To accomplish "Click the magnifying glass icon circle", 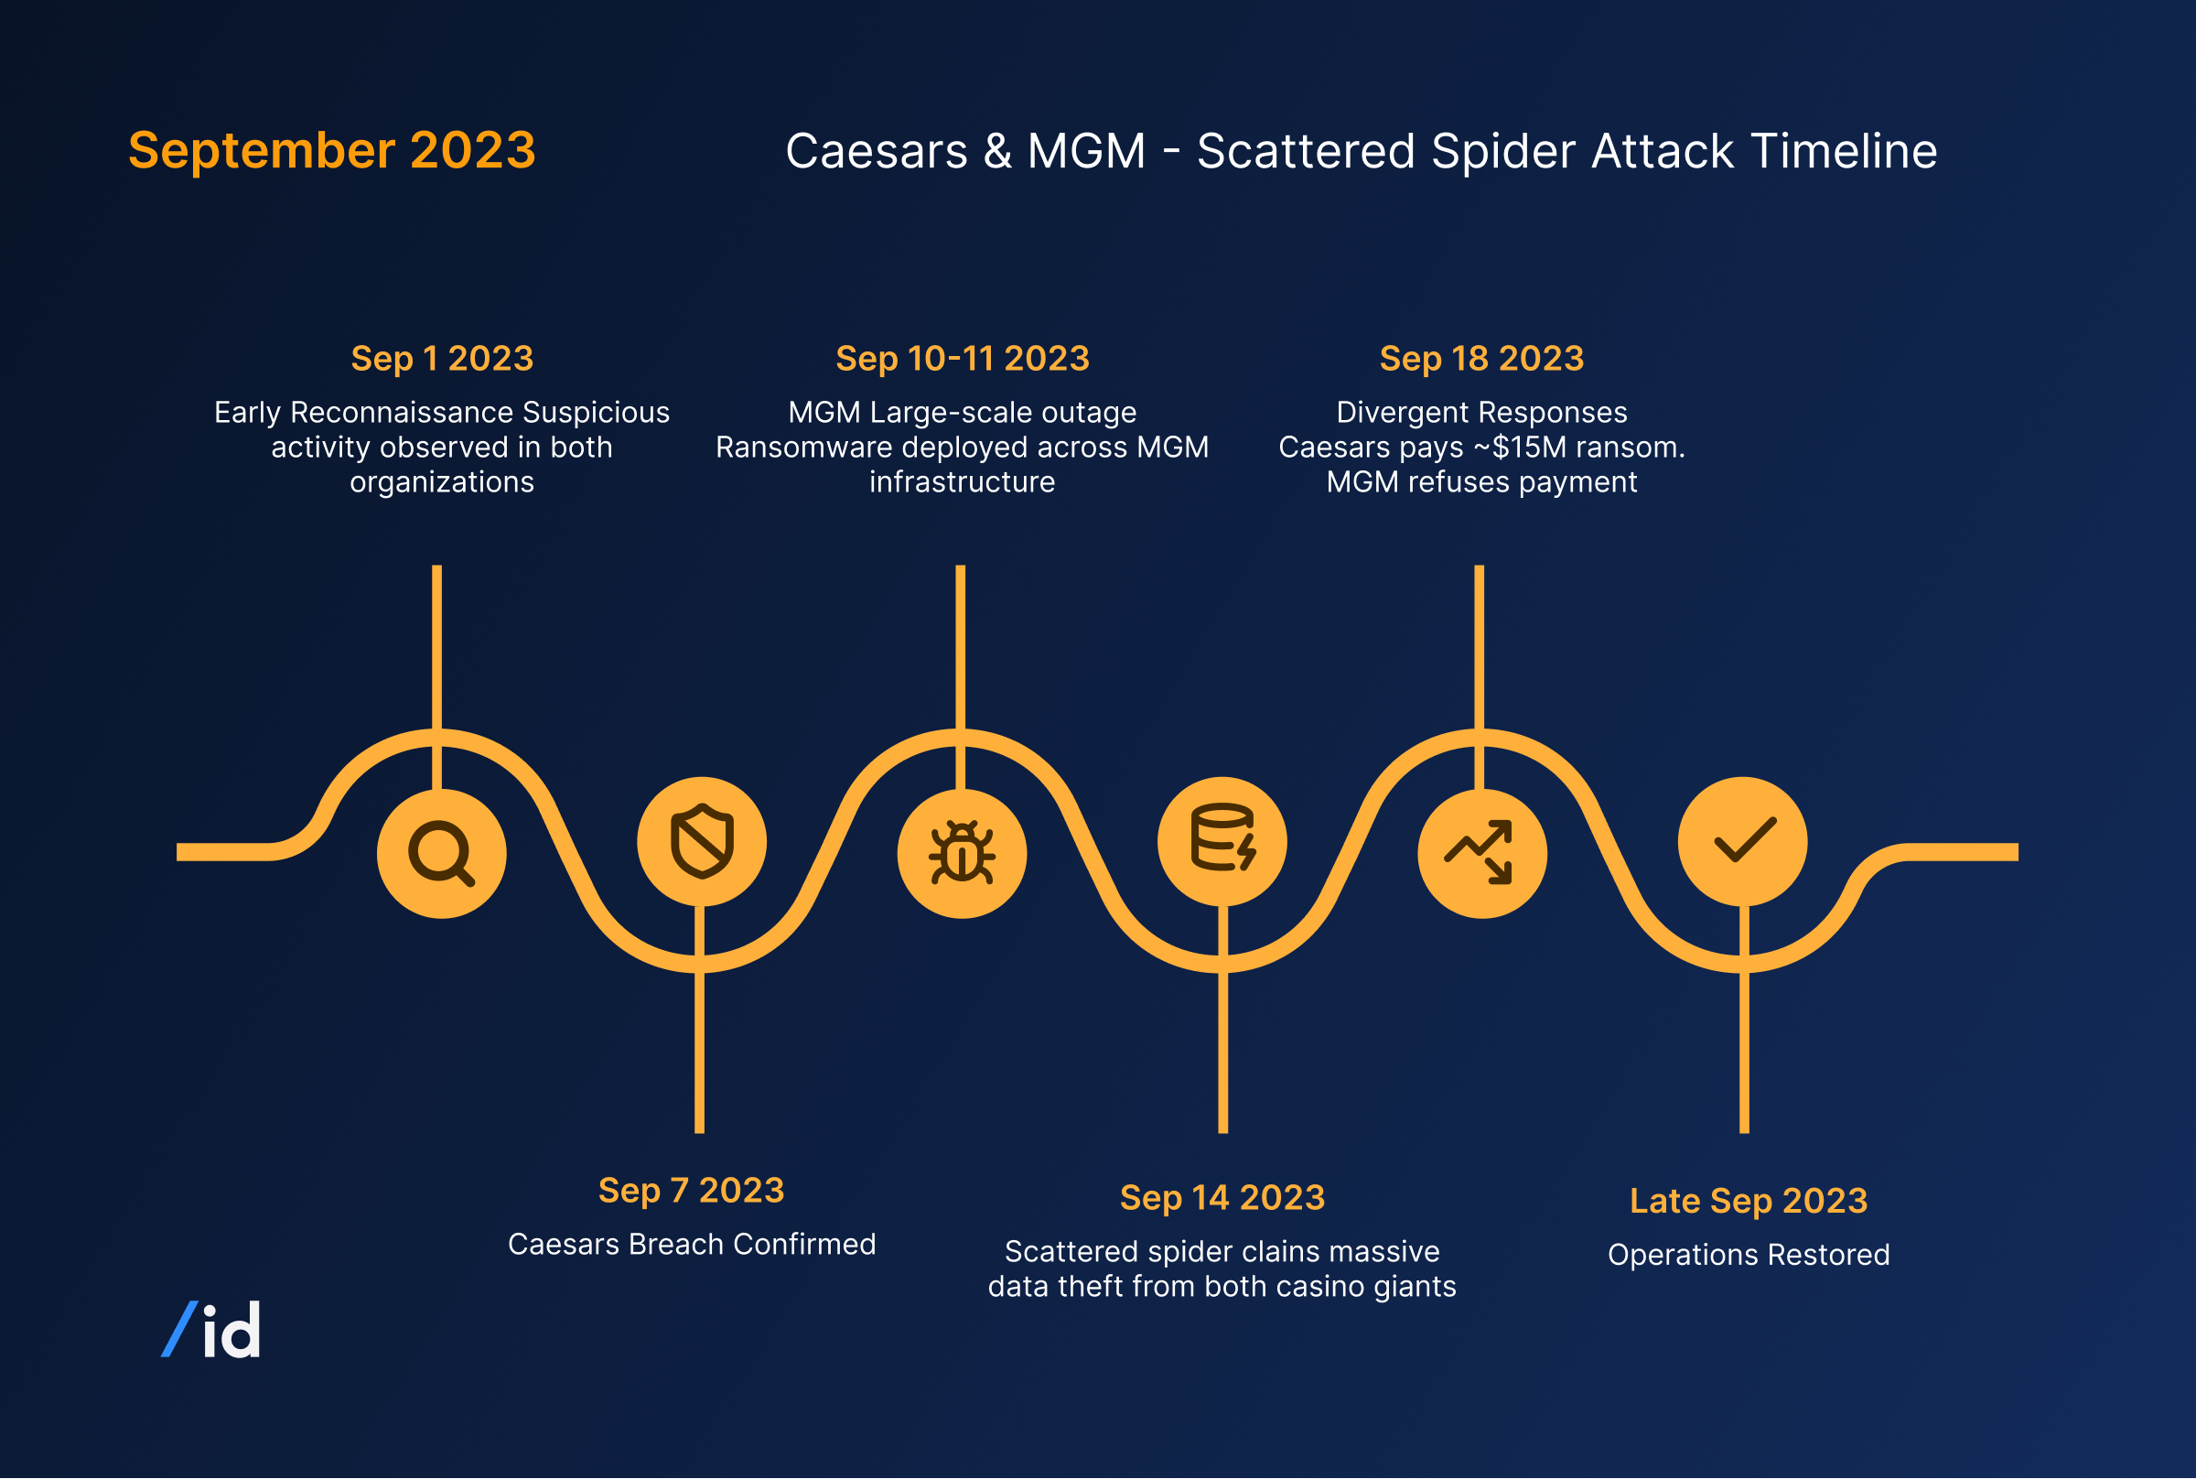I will pyautogui.click(x=441, y=853).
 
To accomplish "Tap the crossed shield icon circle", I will pyautogui.click(x=702, y=841).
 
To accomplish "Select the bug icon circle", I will pyautogui.click(x=962, y=853).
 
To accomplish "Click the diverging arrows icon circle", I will pyautogui.click(x=1481, y=853).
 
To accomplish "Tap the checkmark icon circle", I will pyautogui.click(x=1742, y=841).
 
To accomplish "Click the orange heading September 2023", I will pyautogui.click(x=332, y=151).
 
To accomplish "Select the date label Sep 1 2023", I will pyautogui.click(x=442, y=359).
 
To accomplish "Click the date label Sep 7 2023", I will pyautogui.click(x=691, y=1191).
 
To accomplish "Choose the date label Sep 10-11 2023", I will pyautogui.click(x=962, y=359).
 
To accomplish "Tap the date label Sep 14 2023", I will pyautogui.click(x=1222, y=1198).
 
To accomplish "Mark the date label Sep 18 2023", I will pyautogui.click(x=1481, y=359).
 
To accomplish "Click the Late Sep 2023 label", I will pyautogui.click(x=1749, y=1201).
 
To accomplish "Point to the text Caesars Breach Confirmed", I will pyautogui.click(x=691, y=1244).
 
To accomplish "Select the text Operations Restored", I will pyautogui.click(x=1749, y=1255).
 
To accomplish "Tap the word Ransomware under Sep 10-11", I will pyautogui.click(x=803, y=448).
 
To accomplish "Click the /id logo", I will pyautogui.click(x=212, y=1330).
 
